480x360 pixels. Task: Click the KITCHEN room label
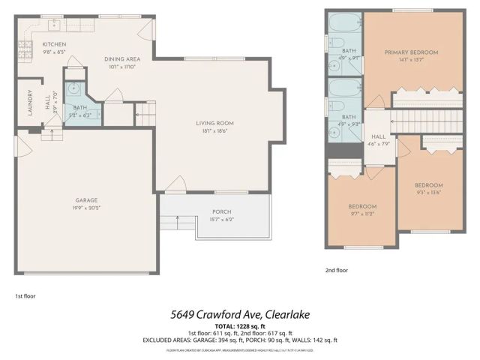point(54,45)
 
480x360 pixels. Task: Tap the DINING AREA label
point(121,58)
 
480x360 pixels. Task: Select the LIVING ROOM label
point(215,123)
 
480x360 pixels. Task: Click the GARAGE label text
point(86,200)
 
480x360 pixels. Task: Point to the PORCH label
point(222,211)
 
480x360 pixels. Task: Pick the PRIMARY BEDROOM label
point(411,52)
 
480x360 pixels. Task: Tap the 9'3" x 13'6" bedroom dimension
point(429,192)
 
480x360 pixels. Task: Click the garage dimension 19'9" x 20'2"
point(86,208)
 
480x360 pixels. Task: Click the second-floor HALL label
point(377,136)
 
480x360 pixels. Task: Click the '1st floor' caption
point(25,296)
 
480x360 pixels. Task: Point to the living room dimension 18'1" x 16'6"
point(215,130)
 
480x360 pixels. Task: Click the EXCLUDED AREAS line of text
point(240,340)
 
